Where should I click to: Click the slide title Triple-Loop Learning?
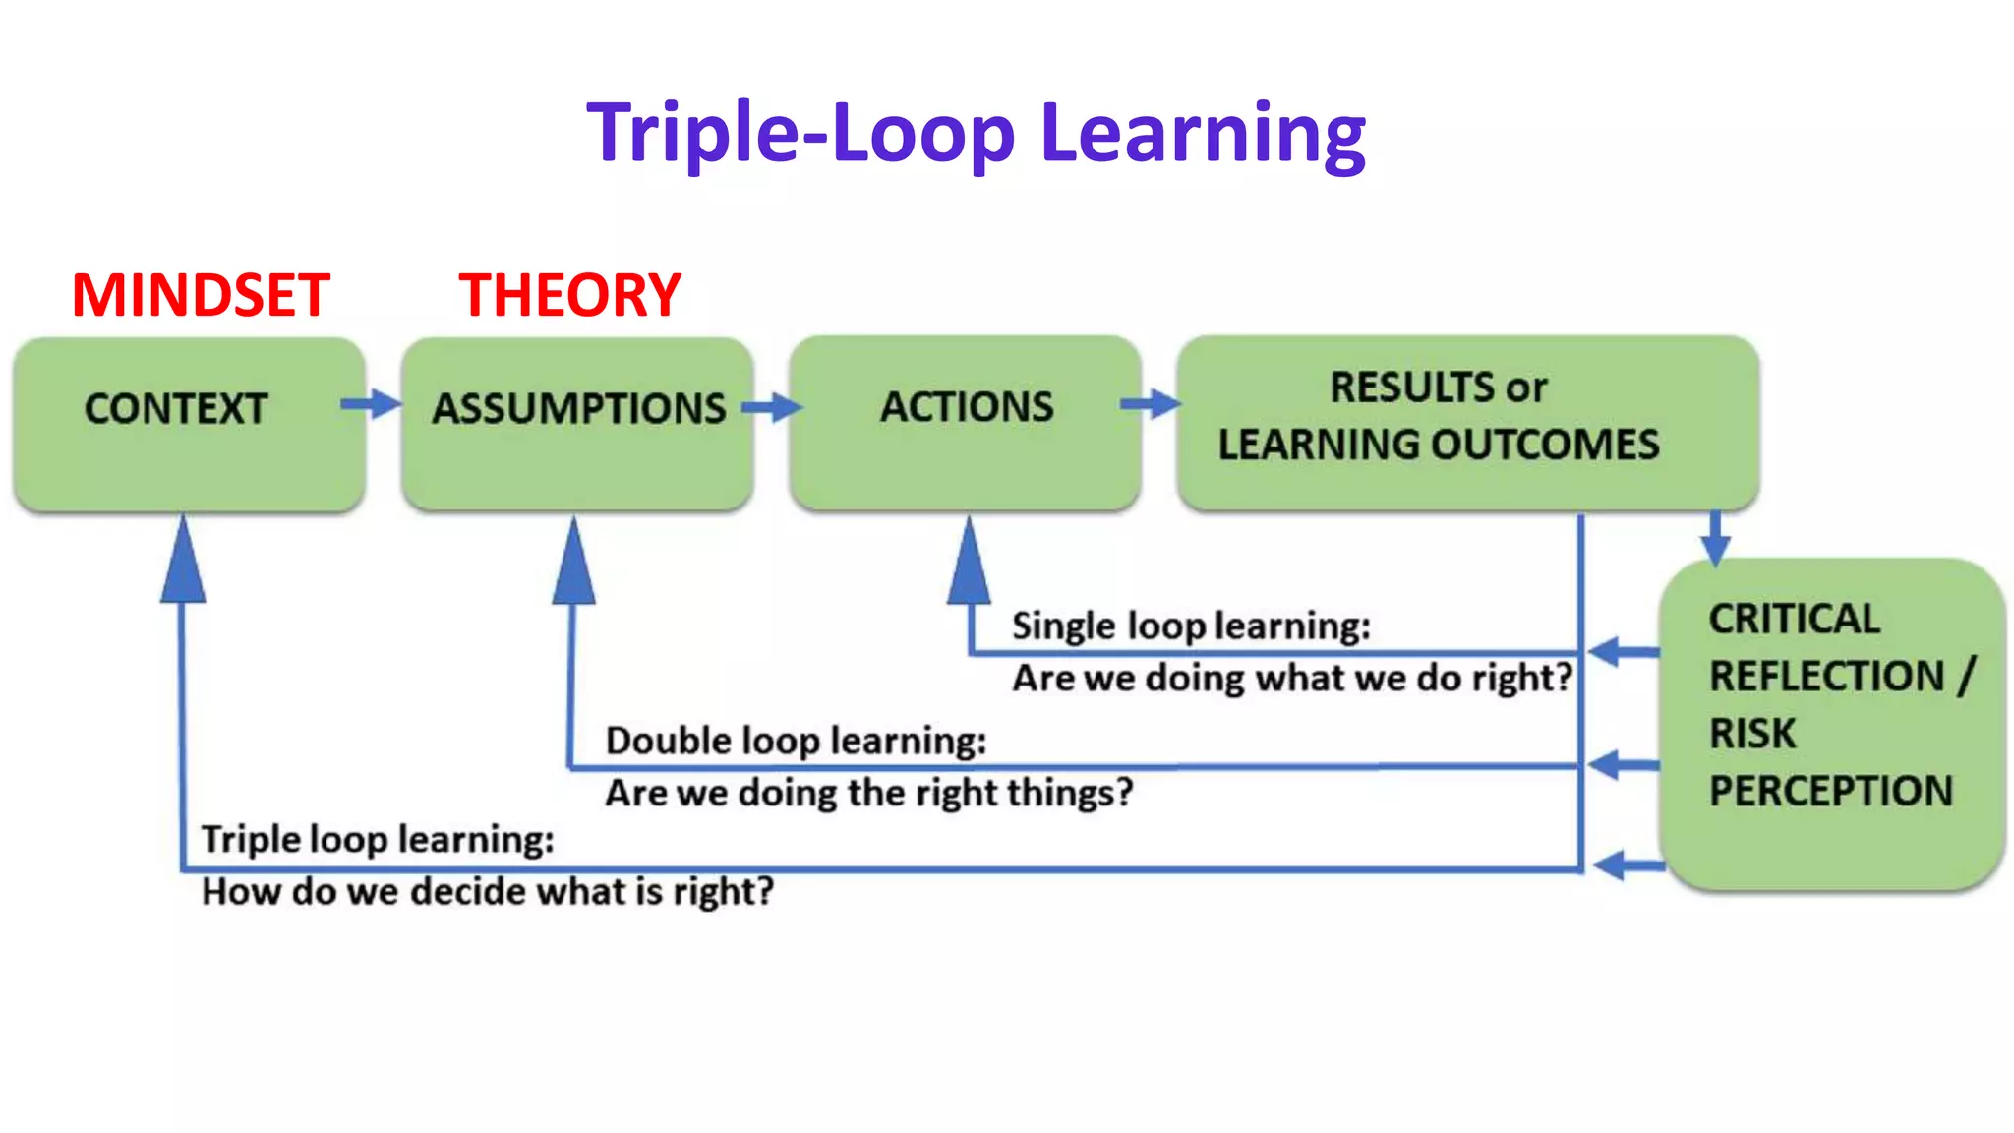[x=976, y=133]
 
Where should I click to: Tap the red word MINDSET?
[x=201, y=295]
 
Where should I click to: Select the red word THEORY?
[x=569, y=295]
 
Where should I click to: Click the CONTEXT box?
[x=189, y=425]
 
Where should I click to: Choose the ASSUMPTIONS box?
[x=577, y=425]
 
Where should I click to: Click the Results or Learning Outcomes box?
[x=1467, y=423]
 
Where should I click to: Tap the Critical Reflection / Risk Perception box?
[x=1831, y=723]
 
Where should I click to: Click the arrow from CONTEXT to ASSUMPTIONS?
[x=372, y=403]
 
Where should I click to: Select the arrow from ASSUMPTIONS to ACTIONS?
[x=772, y=407]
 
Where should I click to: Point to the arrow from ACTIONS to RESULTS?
[x=1151, y=403]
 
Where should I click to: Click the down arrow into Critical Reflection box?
[x=1715, y=538]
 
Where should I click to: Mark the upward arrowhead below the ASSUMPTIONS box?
[x=574, y=565]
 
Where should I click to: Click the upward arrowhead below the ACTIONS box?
[x=969, y=565]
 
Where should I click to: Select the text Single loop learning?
[x=1191, y=626]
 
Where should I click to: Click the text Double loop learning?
[x=796, y=741]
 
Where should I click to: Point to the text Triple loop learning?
[x=378, y=840]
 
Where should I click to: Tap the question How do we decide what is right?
[x=488, y=892]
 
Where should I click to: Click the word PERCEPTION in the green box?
[x=1830, y=791]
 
